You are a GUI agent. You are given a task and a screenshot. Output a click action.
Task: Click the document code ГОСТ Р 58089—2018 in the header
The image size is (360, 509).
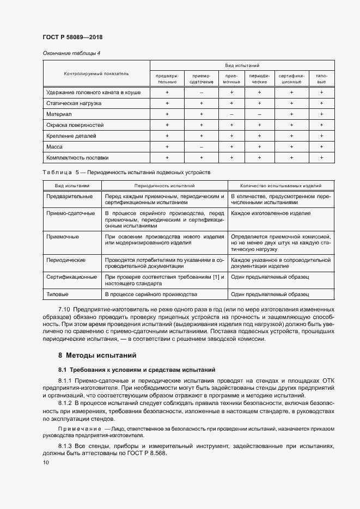[x=72, y=38]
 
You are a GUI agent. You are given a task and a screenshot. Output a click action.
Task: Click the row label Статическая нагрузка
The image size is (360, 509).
[x=74, y=103]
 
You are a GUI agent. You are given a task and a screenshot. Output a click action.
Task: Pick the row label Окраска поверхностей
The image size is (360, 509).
[x=75, y=125]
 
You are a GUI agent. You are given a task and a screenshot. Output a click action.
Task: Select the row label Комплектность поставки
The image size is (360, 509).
[x=77, y=158]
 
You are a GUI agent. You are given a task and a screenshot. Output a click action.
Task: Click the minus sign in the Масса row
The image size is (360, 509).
[x=201, y=147]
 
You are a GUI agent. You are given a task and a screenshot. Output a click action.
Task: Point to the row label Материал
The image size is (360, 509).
[x=59, y=114]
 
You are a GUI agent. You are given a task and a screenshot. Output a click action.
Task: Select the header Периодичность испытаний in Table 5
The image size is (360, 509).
[x=164, y=186]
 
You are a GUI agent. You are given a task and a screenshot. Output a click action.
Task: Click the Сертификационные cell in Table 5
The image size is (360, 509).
[x=72, y=277]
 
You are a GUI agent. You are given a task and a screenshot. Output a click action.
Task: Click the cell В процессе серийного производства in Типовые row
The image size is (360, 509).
[x=151, y=295]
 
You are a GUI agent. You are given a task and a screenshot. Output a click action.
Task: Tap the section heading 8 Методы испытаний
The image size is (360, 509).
[x=97, y=355]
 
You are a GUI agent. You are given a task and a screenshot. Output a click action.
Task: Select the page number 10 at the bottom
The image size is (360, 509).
[x=46, y=463]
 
